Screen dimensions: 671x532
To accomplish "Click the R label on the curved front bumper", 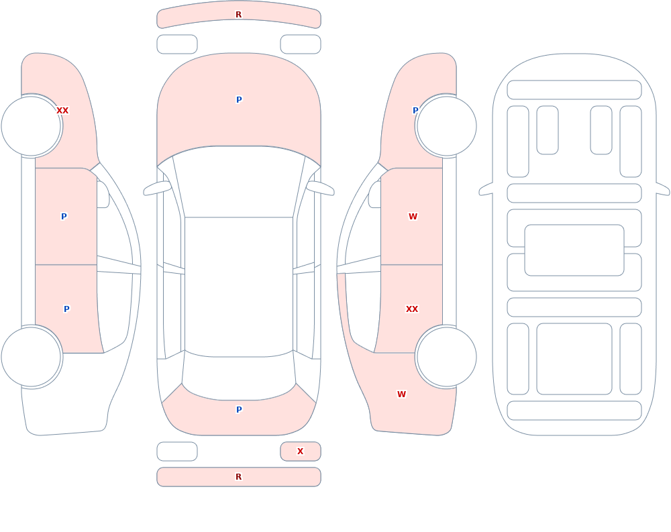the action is click(x=238, y=15).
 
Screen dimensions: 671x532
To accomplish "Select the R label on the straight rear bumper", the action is click(x=238, y=477).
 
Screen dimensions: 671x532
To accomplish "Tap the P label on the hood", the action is click(x=239, y=100).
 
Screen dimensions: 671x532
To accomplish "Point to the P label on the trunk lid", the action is click(x=239, y=410).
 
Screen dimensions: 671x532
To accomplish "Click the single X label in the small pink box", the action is click(x=300, y=451).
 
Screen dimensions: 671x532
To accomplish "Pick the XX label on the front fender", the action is click(x=62, y=111).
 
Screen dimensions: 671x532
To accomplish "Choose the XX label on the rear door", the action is click(x=412, y=309).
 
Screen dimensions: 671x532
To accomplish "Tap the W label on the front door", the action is click(x=413, y=217).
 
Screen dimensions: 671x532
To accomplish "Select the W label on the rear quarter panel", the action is click(x=401, y=394).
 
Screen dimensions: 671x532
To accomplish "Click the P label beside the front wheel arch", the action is click(x=415, y=111).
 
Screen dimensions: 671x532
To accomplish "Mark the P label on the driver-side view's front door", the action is click(x=64, y=217).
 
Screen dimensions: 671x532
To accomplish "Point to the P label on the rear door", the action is click(x=66, y=309).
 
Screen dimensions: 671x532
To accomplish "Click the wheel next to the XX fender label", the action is click(x=32, y=126).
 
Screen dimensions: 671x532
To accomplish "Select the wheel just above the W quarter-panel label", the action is click(x=446, y=356).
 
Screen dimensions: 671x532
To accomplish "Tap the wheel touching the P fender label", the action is click(x=446, y=126).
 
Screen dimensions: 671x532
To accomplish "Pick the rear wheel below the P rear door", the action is click(x=32, y=356).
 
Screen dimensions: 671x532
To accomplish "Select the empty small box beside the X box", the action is click(x=177, y=451).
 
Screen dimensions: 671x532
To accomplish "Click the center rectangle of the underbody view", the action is click(x=574, y=250).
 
